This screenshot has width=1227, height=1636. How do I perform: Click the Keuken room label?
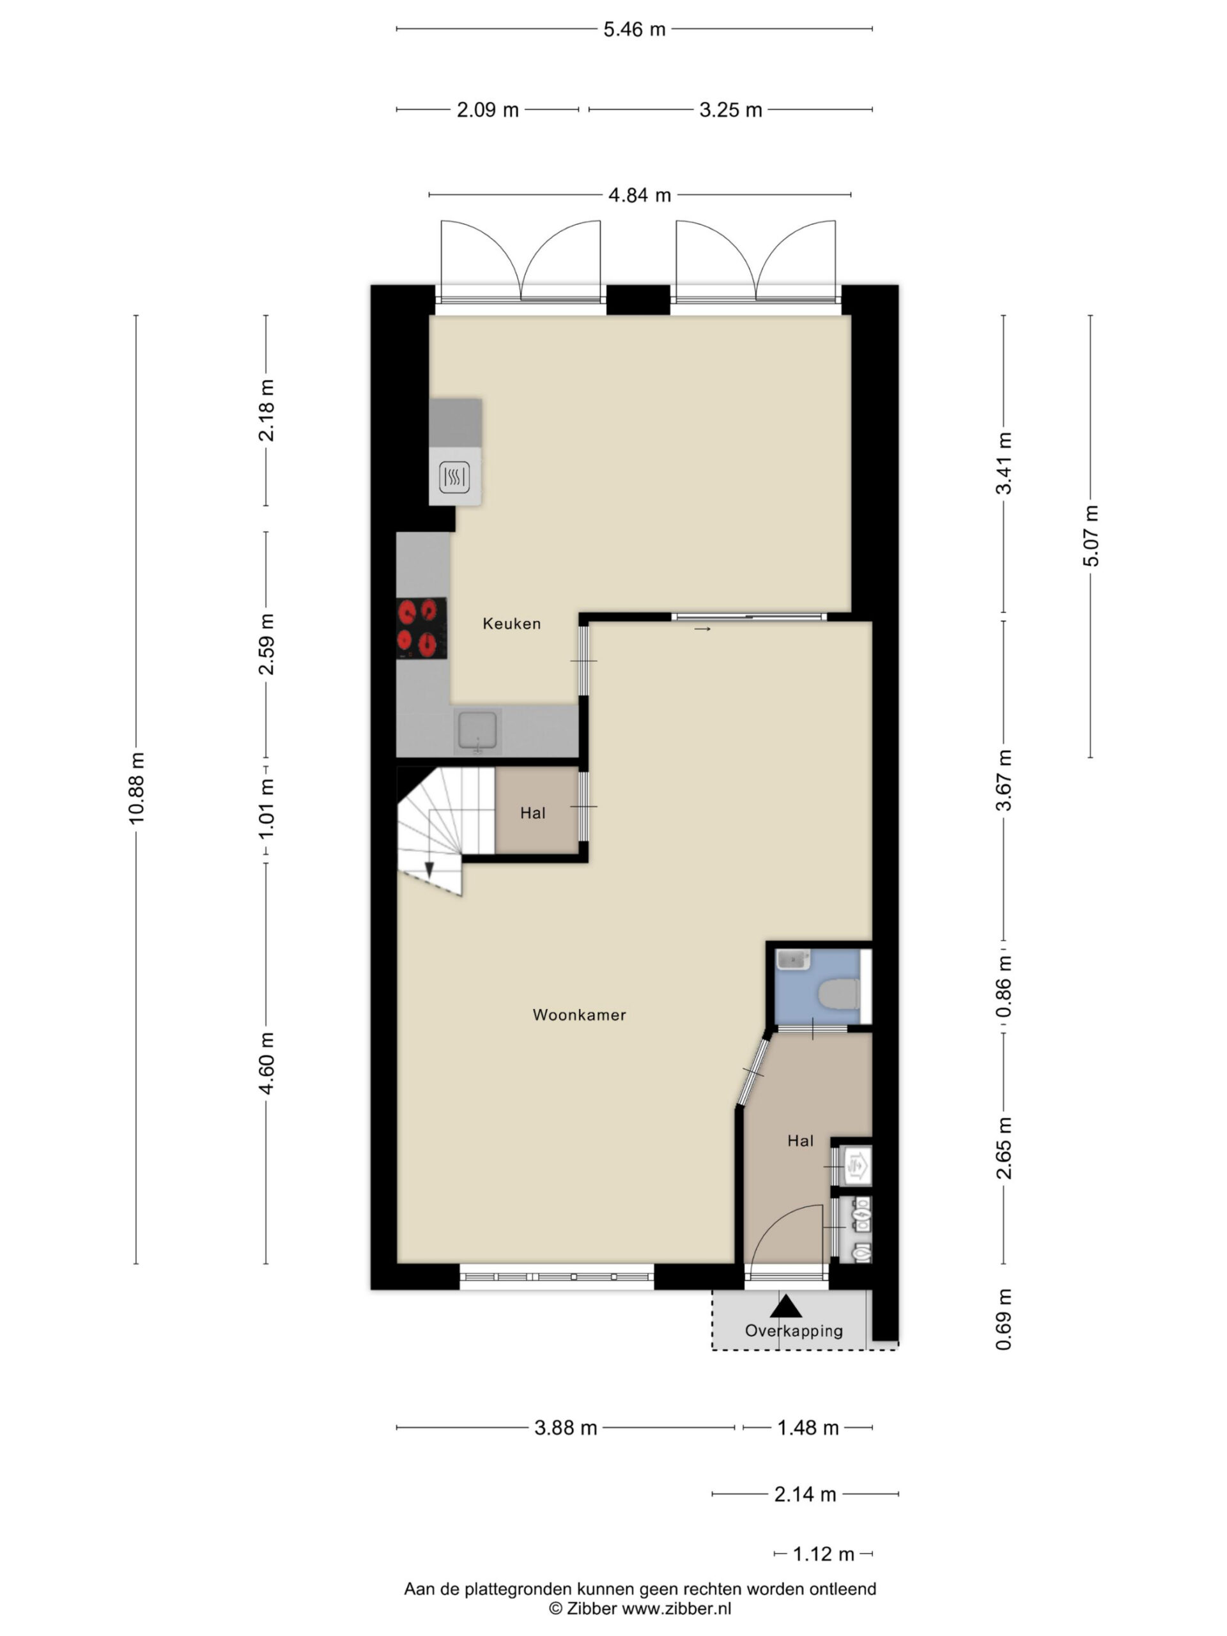511,624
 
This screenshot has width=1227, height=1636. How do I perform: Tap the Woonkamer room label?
579,1015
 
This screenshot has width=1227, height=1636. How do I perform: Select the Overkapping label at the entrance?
794,1351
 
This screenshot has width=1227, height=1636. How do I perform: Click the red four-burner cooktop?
422,628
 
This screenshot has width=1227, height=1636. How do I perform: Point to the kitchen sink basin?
479,730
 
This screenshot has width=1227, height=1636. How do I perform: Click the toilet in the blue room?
840,993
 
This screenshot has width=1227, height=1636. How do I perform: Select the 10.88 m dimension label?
136,788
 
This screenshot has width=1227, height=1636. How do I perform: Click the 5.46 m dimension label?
635,29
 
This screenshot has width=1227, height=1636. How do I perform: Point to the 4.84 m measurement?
640,196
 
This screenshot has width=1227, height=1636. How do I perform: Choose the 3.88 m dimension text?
566,1428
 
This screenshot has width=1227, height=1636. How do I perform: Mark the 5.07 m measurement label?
1091,536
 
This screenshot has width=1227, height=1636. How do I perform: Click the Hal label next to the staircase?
532,814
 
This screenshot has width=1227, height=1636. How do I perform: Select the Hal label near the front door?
800,1141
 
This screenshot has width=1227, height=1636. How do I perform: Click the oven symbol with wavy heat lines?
454,478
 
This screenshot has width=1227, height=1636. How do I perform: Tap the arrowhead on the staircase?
429,870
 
